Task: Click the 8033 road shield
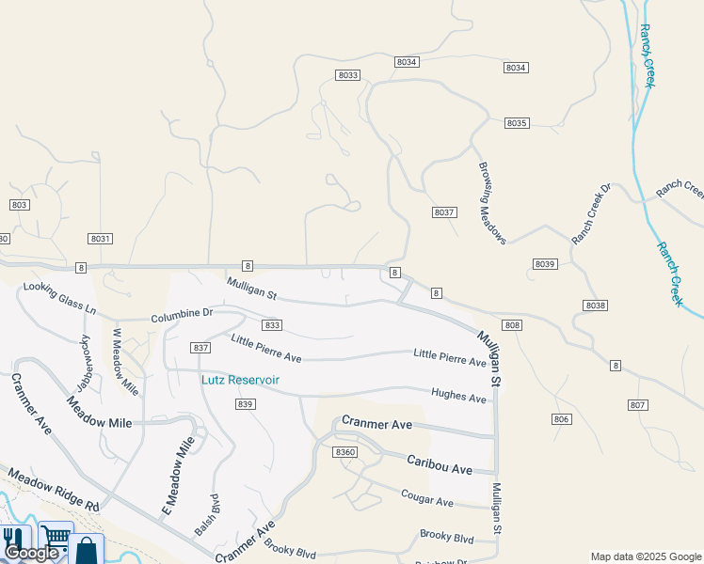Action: point(347,74)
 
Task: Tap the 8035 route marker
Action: point(517,123)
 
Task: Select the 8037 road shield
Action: point(445,212)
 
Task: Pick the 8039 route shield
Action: point(545,264)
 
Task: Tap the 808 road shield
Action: point(512,325)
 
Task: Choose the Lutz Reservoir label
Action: point(240,380)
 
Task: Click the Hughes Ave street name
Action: point(458,397)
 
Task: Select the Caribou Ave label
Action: point(439,463)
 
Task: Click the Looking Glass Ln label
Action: point(60,298)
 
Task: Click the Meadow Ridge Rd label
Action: point(53,492)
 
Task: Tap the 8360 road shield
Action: point(345,452)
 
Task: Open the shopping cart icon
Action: point(55,537)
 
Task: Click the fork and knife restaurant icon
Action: point(13,539)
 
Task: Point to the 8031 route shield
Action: point(101,239)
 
